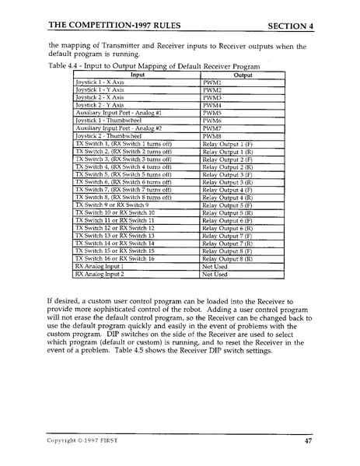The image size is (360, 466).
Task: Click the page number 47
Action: pos(308,440)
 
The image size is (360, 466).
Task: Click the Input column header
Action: pos(136,75)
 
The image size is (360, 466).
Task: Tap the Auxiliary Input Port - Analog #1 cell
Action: pos(117,111)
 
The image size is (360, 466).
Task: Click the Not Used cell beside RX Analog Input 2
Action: pos(215,275)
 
